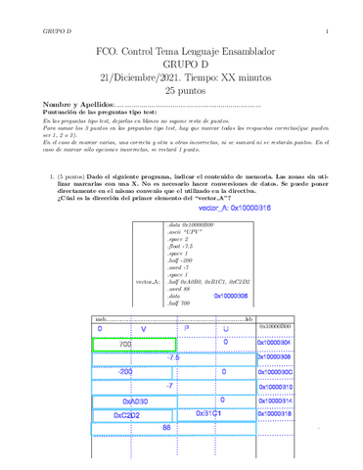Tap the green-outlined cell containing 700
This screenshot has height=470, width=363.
pyautogui.click(x=122, y=344)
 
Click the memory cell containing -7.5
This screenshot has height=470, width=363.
pyautogui.click(x=173, y=357)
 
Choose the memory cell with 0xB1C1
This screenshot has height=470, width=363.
pyautogui.click(x=209, y=414)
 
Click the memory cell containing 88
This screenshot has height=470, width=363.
pyautogui.click(x=166, y=428)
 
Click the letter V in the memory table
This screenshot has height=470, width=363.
pyautogui.click(x=143, y=329)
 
